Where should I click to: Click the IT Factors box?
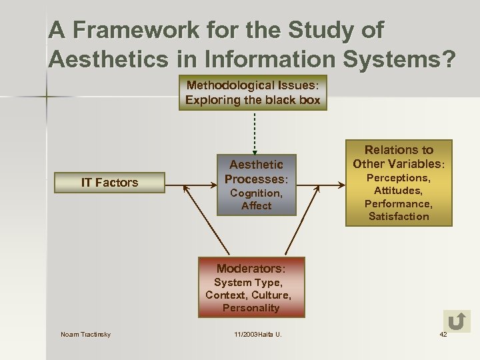coord(109,183)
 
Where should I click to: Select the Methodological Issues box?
coord(253,93)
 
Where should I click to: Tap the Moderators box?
coord(251,287)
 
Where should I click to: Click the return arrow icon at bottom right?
coord(457,322)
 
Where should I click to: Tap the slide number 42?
coord(443,335)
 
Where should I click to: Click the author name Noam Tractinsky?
coord(85,335)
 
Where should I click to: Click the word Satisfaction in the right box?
coord(399,217)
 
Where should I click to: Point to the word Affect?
coord(256,206)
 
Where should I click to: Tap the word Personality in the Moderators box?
coord(251,308)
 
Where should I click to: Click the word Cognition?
coord(256,193)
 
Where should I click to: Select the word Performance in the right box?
coord(399,204)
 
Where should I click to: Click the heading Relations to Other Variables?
coord(399,157)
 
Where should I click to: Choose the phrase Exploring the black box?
coord(253,101)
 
